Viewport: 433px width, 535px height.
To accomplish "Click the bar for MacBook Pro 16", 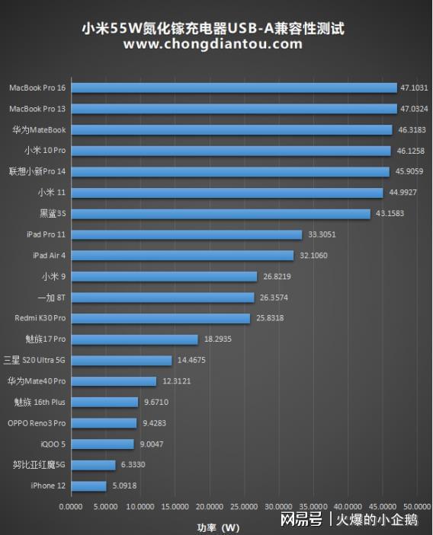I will point(233,88).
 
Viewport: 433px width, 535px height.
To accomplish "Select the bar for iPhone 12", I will point(88,486).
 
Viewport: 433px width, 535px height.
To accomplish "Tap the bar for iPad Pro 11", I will point(186,234).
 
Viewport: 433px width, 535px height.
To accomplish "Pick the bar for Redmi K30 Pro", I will point(160,318).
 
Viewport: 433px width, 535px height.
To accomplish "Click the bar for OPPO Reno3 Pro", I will point(104,423).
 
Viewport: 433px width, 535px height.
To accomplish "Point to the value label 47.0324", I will point(414,109).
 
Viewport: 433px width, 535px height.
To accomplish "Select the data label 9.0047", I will point(150,444).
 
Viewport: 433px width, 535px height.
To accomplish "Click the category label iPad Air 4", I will point(49,256).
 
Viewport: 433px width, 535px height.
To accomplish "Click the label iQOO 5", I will point(53,444).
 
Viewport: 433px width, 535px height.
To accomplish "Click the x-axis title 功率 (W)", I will point(218,526).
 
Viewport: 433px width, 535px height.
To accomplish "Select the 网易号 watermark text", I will point(300,520).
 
